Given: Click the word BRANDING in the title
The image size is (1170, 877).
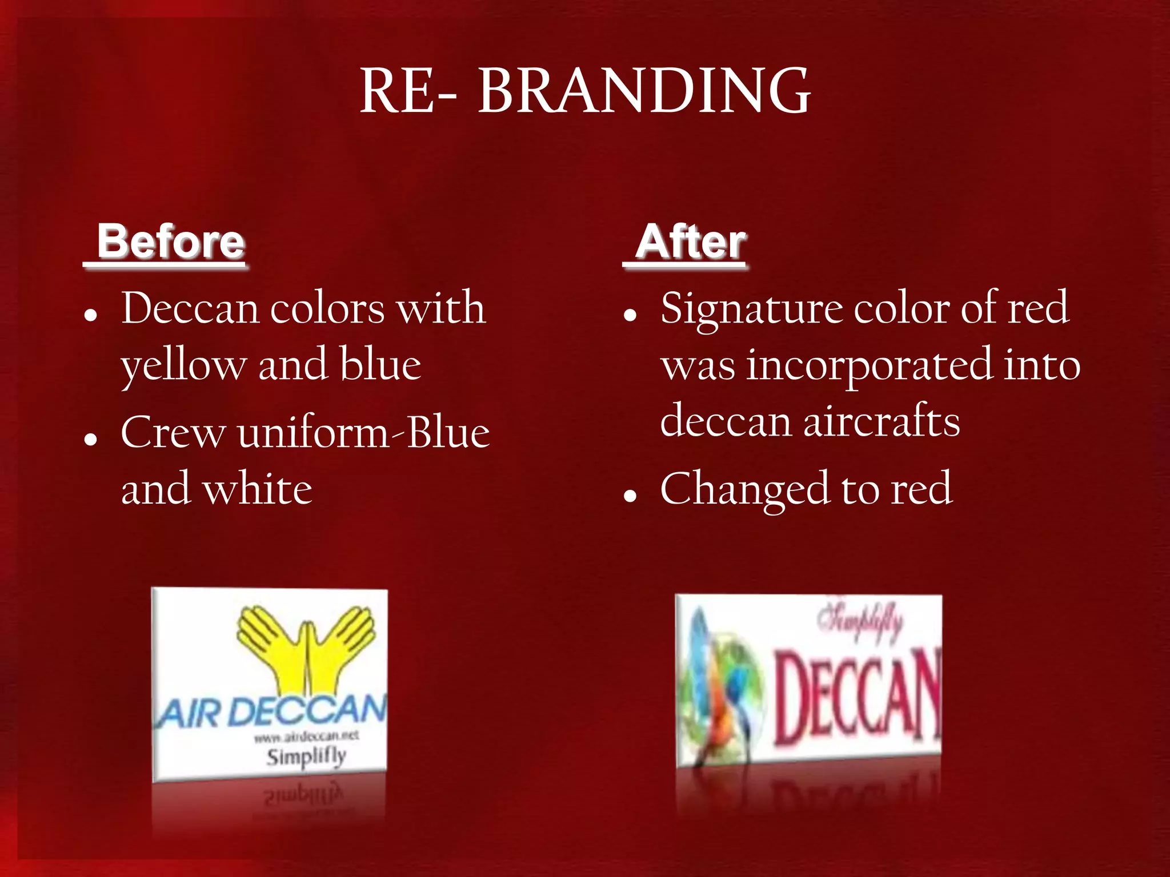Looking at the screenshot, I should pos(644,91).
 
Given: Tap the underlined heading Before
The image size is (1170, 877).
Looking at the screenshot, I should pos(170,242).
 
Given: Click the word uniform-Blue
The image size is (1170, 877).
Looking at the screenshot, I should pos(363,433).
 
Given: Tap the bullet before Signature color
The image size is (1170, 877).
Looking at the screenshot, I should pos(630,315).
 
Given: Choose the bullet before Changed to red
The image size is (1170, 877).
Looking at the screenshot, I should pos(630,496).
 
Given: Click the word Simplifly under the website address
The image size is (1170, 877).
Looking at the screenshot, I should pos(306,757).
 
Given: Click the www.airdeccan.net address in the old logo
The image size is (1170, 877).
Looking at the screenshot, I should pos(306,737).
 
